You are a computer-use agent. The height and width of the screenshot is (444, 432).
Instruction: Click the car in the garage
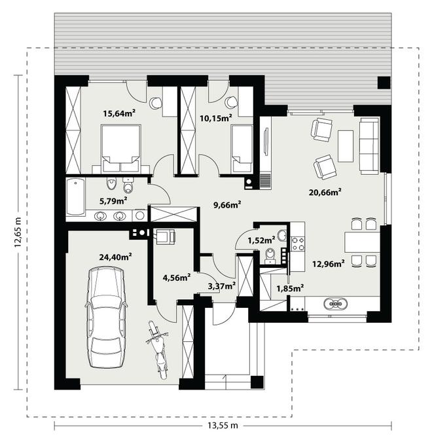pos(106,318)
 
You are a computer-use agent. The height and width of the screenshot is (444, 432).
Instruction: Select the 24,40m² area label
pos(115,257)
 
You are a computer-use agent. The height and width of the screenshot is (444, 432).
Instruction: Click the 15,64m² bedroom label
pos(119,113)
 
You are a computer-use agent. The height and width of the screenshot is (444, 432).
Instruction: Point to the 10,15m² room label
pos(216,118)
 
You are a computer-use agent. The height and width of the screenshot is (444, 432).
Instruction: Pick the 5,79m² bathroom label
pos(113,201)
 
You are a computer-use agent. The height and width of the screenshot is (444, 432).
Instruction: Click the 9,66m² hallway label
pos(227,204)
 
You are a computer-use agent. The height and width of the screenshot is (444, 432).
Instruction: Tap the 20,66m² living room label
pos(325,193)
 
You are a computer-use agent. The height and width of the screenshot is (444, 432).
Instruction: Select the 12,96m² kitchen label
pos(329,264)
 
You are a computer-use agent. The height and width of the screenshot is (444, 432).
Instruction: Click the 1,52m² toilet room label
pos(261,240)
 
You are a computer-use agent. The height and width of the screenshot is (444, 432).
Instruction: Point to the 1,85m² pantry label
pos(290,289)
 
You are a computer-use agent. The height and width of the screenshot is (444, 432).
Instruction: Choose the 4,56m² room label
pos(176,278)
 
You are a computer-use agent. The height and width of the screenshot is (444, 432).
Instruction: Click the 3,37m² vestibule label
pos(222,286)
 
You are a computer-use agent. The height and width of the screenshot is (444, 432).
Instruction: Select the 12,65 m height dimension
pos(18,232)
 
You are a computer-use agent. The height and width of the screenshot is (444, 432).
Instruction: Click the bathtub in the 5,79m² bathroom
pos(75,196)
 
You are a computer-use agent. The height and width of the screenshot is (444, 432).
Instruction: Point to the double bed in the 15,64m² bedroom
pos(121,149)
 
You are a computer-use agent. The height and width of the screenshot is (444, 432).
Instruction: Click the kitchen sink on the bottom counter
pos(336,304)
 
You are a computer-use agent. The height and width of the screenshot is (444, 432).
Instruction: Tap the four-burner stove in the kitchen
pos(298,244)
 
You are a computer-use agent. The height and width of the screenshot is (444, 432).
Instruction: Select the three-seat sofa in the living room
pos(369,146)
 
